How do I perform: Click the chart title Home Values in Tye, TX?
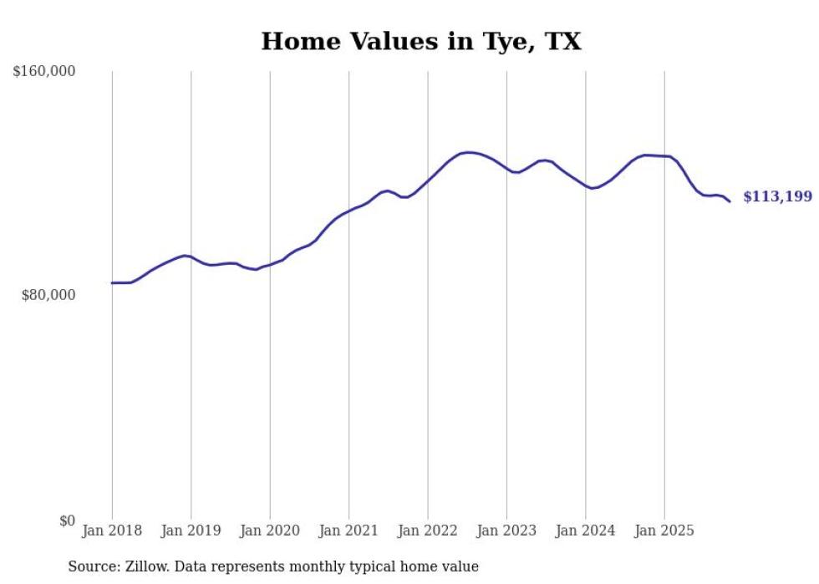tap(420, 41)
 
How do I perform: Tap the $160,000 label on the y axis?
tap(44, 72)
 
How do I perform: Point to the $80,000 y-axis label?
tap(48, 295)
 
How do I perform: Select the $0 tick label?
tap(68, 521)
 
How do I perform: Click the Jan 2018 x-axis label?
tap(112, 531)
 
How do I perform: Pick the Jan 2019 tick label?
tap(191, 531)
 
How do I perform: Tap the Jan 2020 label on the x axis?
tap(270, 531)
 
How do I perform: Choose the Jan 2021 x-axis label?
tap(348, 531)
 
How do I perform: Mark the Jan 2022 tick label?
tap(428, 531)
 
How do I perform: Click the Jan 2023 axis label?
tap(506, 531)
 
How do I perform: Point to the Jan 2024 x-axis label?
tap(586, 531)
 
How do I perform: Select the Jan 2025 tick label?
tap(664, 531)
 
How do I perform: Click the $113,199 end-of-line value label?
tap(777, 197)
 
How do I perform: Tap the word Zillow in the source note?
tap(146, 566)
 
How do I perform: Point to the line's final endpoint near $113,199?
tap(730, 201)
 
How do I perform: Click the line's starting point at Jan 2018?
tap(112, 283)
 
